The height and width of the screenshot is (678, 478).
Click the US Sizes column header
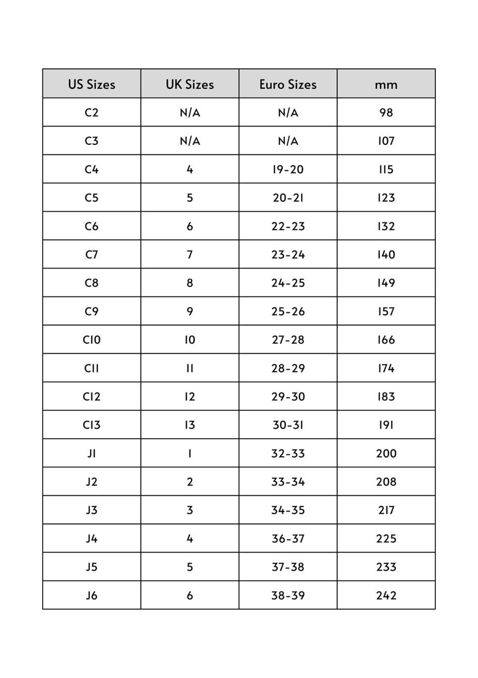tap(91, 85)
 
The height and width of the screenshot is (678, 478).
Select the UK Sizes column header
tap(190, 85)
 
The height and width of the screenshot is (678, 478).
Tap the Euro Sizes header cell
tap(288, 85)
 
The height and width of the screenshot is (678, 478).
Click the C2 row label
tap(91, 113)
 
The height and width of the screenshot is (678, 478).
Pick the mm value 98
tap(386, 113)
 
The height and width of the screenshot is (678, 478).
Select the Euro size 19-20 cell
tap(288, 170)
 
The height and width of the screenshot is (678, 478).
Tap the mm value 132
tap(386, 226)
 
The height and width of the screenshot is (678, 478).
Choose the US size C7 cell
tap(91, 255)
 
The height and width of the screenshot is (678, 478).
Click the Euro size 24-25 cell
tap(288, 283)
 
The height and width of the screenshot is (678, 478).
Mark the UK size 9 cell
tap(190, 312)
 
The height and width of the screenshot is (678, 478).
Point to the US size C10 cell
tap(91, 340)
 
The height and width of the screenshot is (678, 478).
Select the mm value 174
tap(386, 368)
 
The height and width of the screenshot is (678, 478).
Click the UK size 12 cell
tap(190, 397)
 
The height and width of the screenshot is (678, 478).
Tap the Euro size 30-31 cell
tap(288, 425)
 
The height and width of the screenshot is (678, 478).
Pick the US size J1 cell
tap(91, 453)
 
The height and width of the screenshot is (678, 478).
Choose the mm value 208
tap(386, 482)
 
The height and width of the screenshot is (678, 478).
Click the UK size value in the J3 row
tap(190, 510)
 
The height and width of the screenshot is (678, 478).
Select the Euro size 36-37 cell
tap(288, 538)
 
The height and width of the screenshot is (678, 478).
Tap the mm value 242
tap(386, 595)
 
